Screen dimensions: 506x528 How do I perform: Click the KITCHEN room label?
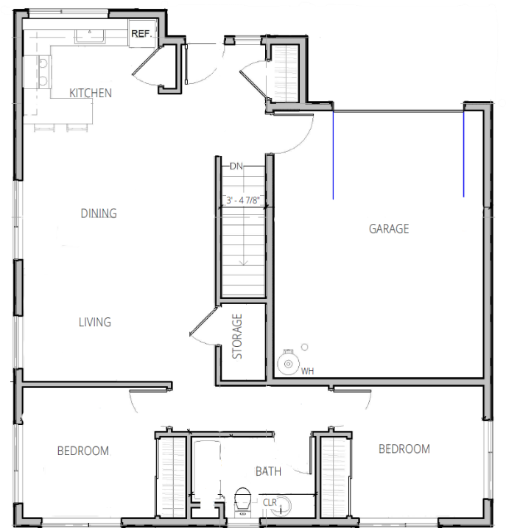[x=91, y=93]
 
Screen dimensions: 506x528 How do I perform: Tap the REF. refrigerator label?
[x=141, y=34]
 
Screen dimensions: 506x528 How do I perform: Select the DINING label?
[x=99, y=213]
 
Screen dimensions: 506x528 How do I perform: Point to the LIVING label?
[x=95, y=322]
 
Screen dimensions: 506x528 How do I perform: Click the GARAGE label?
[x=389, y=228]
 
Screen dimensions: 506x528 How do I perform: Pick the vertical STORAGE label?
[x=237, y=336]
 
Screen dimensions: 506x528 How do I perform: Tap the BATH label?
[x=268, y=471]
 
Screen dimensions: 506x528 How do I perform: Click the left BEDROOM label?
[x=83, y=451]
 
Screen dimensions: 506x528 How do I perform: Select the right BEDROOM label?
[x=404, y=448]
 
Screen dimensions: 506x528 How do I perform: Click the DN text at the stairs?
[x=236, y=166]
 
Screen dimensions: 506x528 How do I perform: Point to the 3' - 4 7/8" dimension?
[x=242, y=200]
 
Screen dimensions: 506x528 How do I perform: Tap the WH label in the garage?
[x=307, y=371]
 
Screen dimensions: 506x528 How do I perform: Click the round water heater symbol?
[x=288, y=363]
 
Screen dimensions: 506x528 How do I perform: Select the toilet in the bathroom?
[x=242, y=501]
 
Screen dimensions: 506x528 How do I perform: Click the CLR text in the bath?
[x=270, y=502]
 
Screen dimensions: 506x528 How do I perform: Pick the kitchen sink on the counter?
[x=90, y=36]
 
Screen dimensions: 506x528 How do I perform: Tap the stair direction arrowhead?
[x=243, y=263]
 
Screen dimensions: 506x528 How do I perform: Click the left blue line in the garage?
[x=333, y=155]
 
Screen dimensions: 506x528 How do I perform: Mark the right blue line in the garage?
[x=463, y=154]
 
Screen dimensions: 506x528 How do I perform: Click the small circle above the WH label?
[x=304, y=347]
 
